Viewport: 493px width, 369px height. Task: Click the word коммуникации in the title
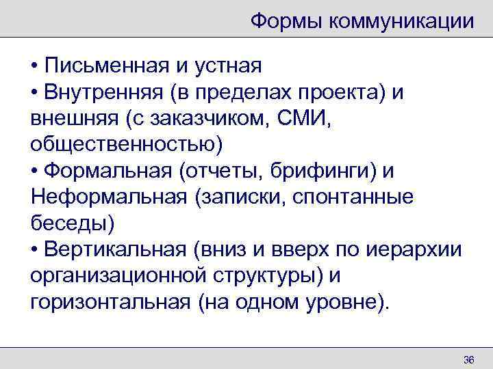[401, 20]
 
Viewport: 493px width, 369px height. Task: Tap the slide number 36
[469, 360]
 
